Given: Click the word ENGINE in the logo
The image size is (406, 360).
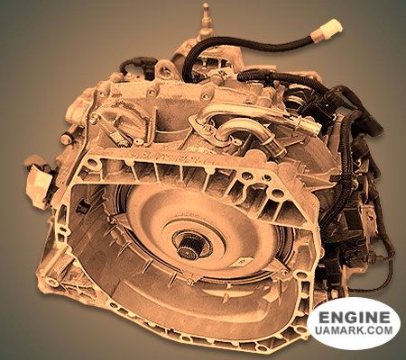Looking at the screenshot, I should [353, 319].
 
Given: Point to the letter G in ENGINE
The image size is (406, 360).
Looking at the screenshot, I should [348, 319].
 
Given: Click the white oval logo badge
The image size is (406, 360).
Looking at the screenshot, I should [353, 324].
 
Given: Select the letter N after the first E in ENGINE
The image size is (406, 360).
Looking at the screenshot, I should [333, 319].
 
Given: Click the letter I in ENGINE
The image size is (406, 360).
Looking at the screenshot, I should [360, 319].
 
